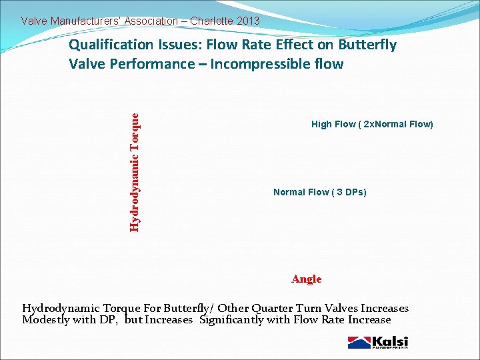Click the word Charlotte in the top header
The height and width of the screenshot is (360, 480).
(x=211, y=21)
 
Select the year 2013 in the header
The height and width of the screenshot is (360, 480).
(x=248, y=21)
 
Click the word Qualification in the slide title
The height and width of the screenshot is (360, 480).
(x=111, y=45)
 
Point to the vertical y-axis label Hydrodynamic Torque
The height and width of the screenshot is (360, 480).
(x=135, y=171)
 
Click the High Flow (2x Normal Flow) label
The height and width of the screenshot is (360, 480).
(x=372, y=125)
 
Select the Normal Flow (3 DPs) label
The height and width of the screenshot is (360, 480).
(x=319, y=193)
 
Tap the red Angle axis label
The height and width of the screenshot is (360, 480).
(x=306, y=279)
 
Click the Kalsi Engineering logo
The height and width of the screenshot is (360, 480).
(x=377, y=342)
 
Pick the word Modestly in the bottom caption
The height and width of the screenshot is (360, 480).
(x=46, y=319)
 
